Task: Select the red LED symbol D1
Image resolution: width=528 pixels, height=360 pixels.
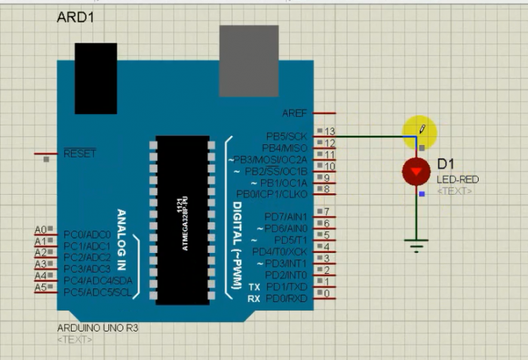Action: click(x=416, y=173)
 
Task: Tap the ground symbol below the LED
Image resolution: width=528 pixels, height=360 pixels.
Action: click(x=416, y=243)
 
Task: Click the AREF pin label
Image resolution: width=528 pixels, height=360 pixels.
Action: click(x=294, y=113)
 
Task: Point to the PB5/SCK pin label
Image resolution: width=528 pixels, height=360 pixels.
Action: click(x=287, y=137)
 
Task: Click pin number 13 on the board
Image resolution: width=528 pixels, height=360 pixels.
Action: click(x=330, y=132)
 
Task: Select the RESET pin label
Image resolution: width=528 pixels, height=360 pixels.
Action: click(x=80, y=153)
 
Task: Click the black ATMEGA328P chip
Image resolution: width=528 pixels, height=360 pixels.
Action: click(x=183, y=220)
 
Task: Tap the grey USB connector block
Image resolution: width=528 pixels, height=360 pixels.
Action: click(x=248, y=60)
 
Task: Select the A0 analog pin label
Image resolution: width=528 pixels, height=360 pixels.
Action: click(x=41, y=229)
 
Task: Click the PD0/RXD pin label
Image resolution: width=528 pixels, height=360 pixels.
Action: click(x=287, y=298)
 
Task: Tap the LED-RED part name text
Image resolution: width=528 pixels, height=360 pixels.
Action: click(x=457, y=180)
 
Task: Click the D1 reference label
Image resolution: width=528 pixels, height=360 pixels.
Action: click(x=446, y=165)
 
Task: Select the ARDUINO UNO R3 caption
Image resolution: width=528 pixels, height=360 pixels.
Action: click(x=97, y=329)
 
